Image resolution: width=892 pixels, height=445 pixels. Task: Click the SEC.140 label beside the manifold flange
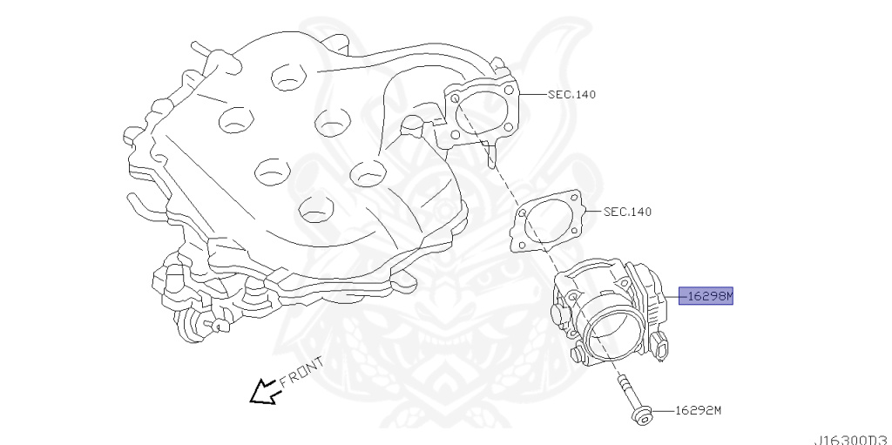571,94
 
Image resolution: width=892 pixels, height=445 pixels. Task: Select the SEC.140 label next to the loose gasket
627,212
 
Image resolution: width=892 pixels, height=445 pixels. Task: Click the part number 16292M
698,410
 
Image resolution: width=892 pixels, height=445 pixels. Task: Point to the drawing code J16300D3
853,438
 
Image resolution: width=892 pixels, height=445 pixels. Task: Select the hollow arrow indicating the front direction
263,394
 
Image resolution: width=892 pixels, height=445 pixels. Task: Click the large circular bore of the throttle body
615,329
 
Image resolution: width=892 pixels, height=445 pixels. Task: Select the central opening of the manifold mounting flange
482,114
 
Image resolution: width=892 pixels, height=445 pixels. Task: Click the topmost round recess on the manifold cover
285,76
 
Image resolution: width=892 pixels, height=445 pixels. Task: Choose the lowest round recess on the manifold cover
311,208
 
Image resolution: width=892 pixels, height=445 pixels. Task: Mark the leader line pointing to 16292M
661,410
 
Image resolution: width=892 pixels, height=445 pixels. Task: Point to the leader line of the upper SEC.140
533,94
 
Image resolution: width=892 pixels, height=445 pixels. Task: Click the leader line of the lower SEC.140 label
592,212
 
